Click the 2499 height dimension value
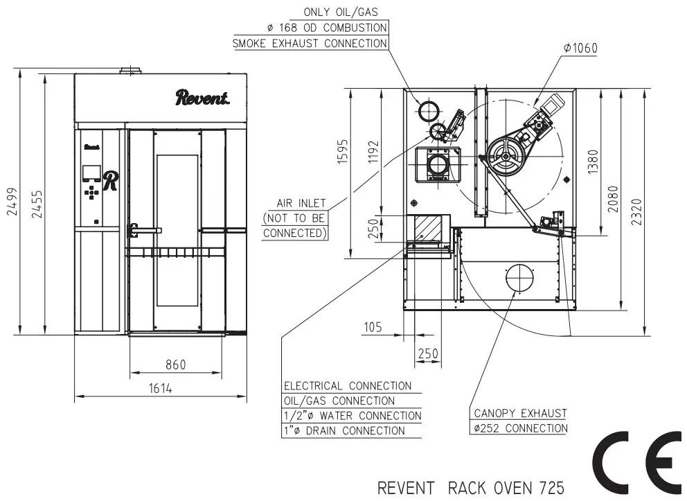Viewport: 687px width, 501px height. click(x=12, y=202)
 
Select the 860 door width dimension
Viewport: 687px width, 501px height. click(x=176, y=364)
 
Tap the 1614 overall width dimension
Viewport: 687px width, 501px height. click(x=161, y=388)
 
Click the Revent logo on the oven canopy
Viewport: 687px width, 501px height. click(x=202, y=97)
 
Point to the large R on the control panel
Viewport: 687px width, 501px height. click(x=110, y=181)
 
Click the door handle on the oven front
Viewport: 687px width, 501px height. click(x=144, y=230)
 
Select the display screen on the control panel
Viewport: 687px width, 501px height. click(x=91, y=173)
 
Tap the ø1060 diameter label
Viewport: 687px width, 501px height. click(x=580, y=48)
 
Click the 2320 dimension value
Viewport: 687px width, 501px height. click(x=637, y=212)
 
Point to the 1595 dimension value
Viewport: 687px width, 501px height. click(x=343, y=152)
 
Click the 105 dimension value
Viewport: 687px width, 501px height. click(x=373, y=327)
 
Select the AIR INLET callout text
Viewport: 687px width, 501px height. click(x=301, y=204)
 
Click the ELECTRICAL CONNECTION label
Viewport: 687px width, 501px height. click(x=348, y=386)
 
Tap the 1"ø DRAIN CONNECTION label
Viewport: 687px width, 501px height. click(x=344, y=430)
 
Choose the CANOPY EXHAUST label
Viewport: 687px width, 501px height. click(x=521, y=413)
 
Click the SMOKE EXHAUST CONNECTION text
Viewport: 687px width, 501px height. click(x=310, y=44)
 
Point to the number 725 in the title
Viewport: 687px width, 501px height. click(x=552, y=488)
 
